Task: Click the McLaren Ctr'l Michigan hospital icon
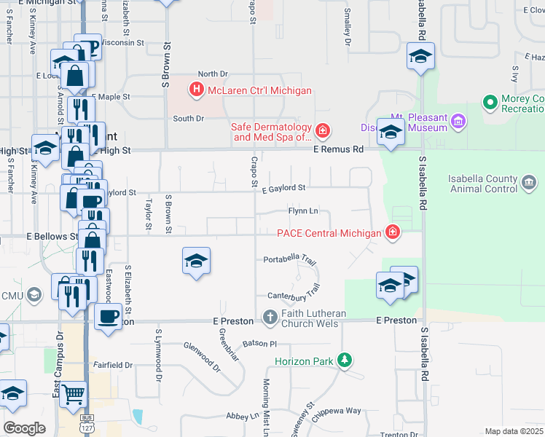pyautogui.click(x=195, y=91)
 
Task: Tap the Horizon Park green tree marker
pyautogui.click(x=345, y=361)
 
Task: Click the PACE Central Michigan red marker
pyautogui.click(x=393, y=233)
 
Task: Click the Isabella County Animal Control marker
pyautogui.click(x=529, y=184)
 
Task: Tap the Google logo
pyautogui.click(x=24, y=428)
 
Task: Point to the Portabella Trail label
pyautogui.click(x=289, y=259)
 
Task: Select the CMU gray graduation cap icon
pyautogui.click(x=33, y=295)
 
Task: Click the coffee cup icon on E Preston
pyautogui.click(x=109, y=317)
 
